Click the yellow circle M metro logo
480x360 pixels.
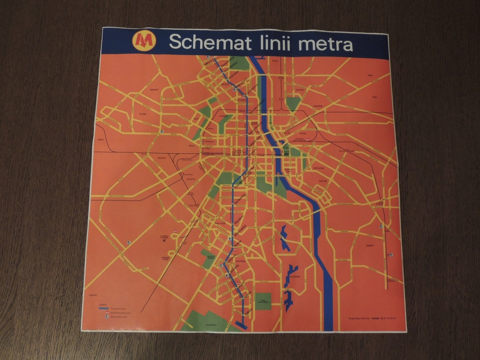click(143, 41)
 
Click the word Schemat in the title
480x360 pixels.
click(210, 43)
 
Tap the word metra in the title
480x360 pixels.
click(325, 44)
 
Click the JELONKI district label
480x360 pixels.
click(143, 114)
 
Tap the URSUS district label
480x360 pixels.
click(100, 140)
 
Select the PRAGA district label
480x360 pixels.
click(302, 134)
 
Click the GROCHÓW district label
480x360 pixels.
click(318, 168)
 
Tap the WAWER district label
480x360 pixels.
click(370, 245)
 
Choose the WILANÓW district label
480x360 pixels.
click(295, 277)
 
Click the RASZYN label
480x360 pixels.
click(92, 295)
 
